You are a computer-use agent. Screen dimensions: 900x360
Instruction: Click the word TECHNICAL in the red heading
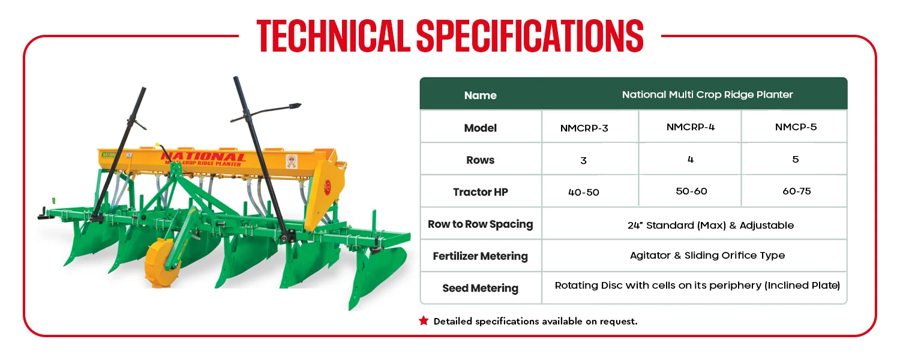[333, 35]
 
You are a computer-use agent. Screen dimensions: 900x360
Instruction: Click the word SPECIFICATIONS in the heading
[530, 35]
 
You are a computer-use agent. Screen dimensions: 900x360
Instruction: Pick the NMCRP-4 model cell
[690, 127]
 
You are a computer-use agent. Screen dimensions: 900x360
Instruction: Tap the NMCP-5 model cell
[796, 127]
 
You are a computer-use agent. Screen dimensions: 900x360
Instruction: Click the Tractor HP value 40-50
[583, 193]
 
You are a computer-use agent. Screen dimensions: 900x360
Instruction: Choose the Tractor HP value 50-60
[691, 191]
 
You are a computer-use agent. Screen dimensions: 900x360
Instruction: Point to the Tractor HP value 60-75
[796, 191]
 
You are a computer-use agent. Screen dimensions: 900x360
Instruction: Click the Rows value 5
[796, 160]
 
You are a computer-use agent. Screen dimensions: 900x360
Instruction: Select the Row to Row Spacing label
[480, 224]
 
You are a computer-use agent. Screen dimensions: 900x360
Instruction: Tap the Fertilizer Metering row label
[480, 256]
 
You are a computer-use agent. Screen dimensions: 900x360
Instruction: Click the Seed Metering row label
[480, 288]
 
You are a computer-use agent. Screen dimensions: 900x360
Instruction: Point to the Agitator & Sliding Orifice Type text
[707, 256]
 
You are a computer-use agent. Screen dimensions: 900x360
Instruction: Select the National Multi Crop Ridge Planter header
[707, 95]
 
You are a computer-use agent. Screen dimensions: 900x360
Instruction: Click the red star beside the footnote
[424, 320]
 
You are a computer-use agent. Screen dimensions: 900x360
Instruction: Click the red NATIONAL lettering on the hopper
[203, 157]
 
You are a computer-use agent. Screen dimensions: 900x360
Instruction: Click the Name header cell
[480, 95]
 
